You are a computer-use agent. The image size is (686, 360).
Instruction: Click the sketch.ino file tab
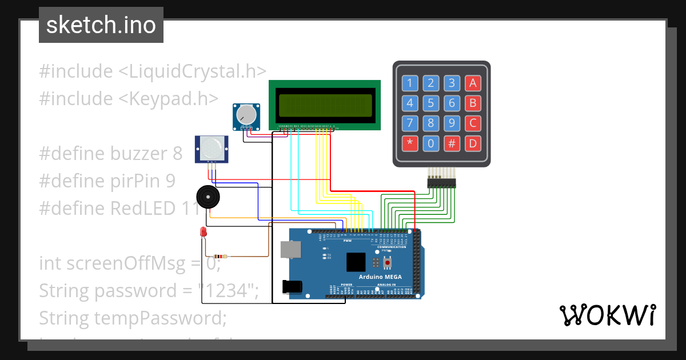click(101, 25)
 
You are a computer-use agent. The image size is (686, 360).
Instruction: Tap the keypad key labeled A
click(473, 83)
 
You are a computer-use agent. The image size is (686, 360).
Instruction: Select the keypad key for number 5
click(431, 103)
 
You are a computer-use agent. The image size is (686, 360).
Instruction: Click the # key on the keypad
click(452, 143)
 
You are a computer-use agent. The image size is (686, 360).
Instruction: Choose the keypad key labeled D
click(473, 143)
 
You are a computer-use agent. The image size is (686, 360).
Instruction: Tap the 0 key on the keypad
click(431, 143)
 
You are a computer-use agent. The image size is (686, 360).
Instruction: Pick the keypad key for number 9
click(452, 123)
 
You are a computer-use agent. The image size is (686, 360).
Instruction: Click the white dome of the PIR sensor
click(212, 149)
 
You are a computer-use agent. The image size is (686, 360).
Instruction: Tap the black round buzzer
click(208, 198)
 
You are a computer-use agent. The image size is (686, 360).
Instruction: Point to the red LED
click(203, 232)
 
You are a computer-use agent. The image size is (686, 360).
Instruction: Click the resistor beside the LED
click(220, 257)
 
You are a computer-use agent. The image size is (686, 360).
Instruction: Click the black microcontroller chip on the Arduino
click(355, 262)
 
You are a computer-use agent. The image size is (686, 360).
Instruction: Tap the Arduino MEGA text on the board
click(380, 277)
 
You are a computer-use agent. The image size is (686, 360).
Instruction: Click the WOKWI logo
click(607, 315)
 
